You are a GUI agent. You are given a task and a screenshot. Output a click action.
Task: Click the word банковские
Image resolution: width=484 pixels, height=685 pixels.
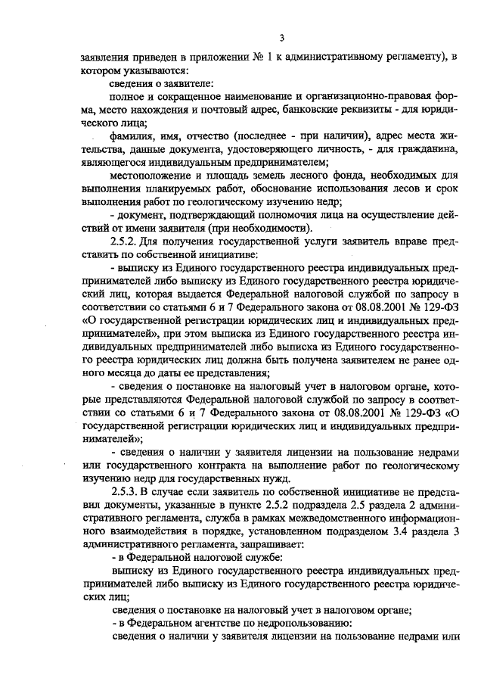pos(293,110)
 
